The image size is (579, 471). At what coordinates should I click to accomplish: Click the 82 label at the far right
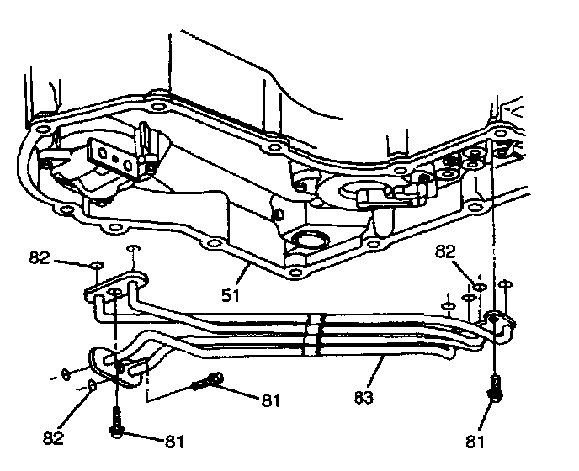445,251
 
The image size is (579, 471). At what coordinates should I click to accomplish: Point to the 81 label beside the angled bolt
269,400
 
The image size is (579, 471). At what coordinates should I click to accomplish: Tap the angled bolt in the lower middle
206,383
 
